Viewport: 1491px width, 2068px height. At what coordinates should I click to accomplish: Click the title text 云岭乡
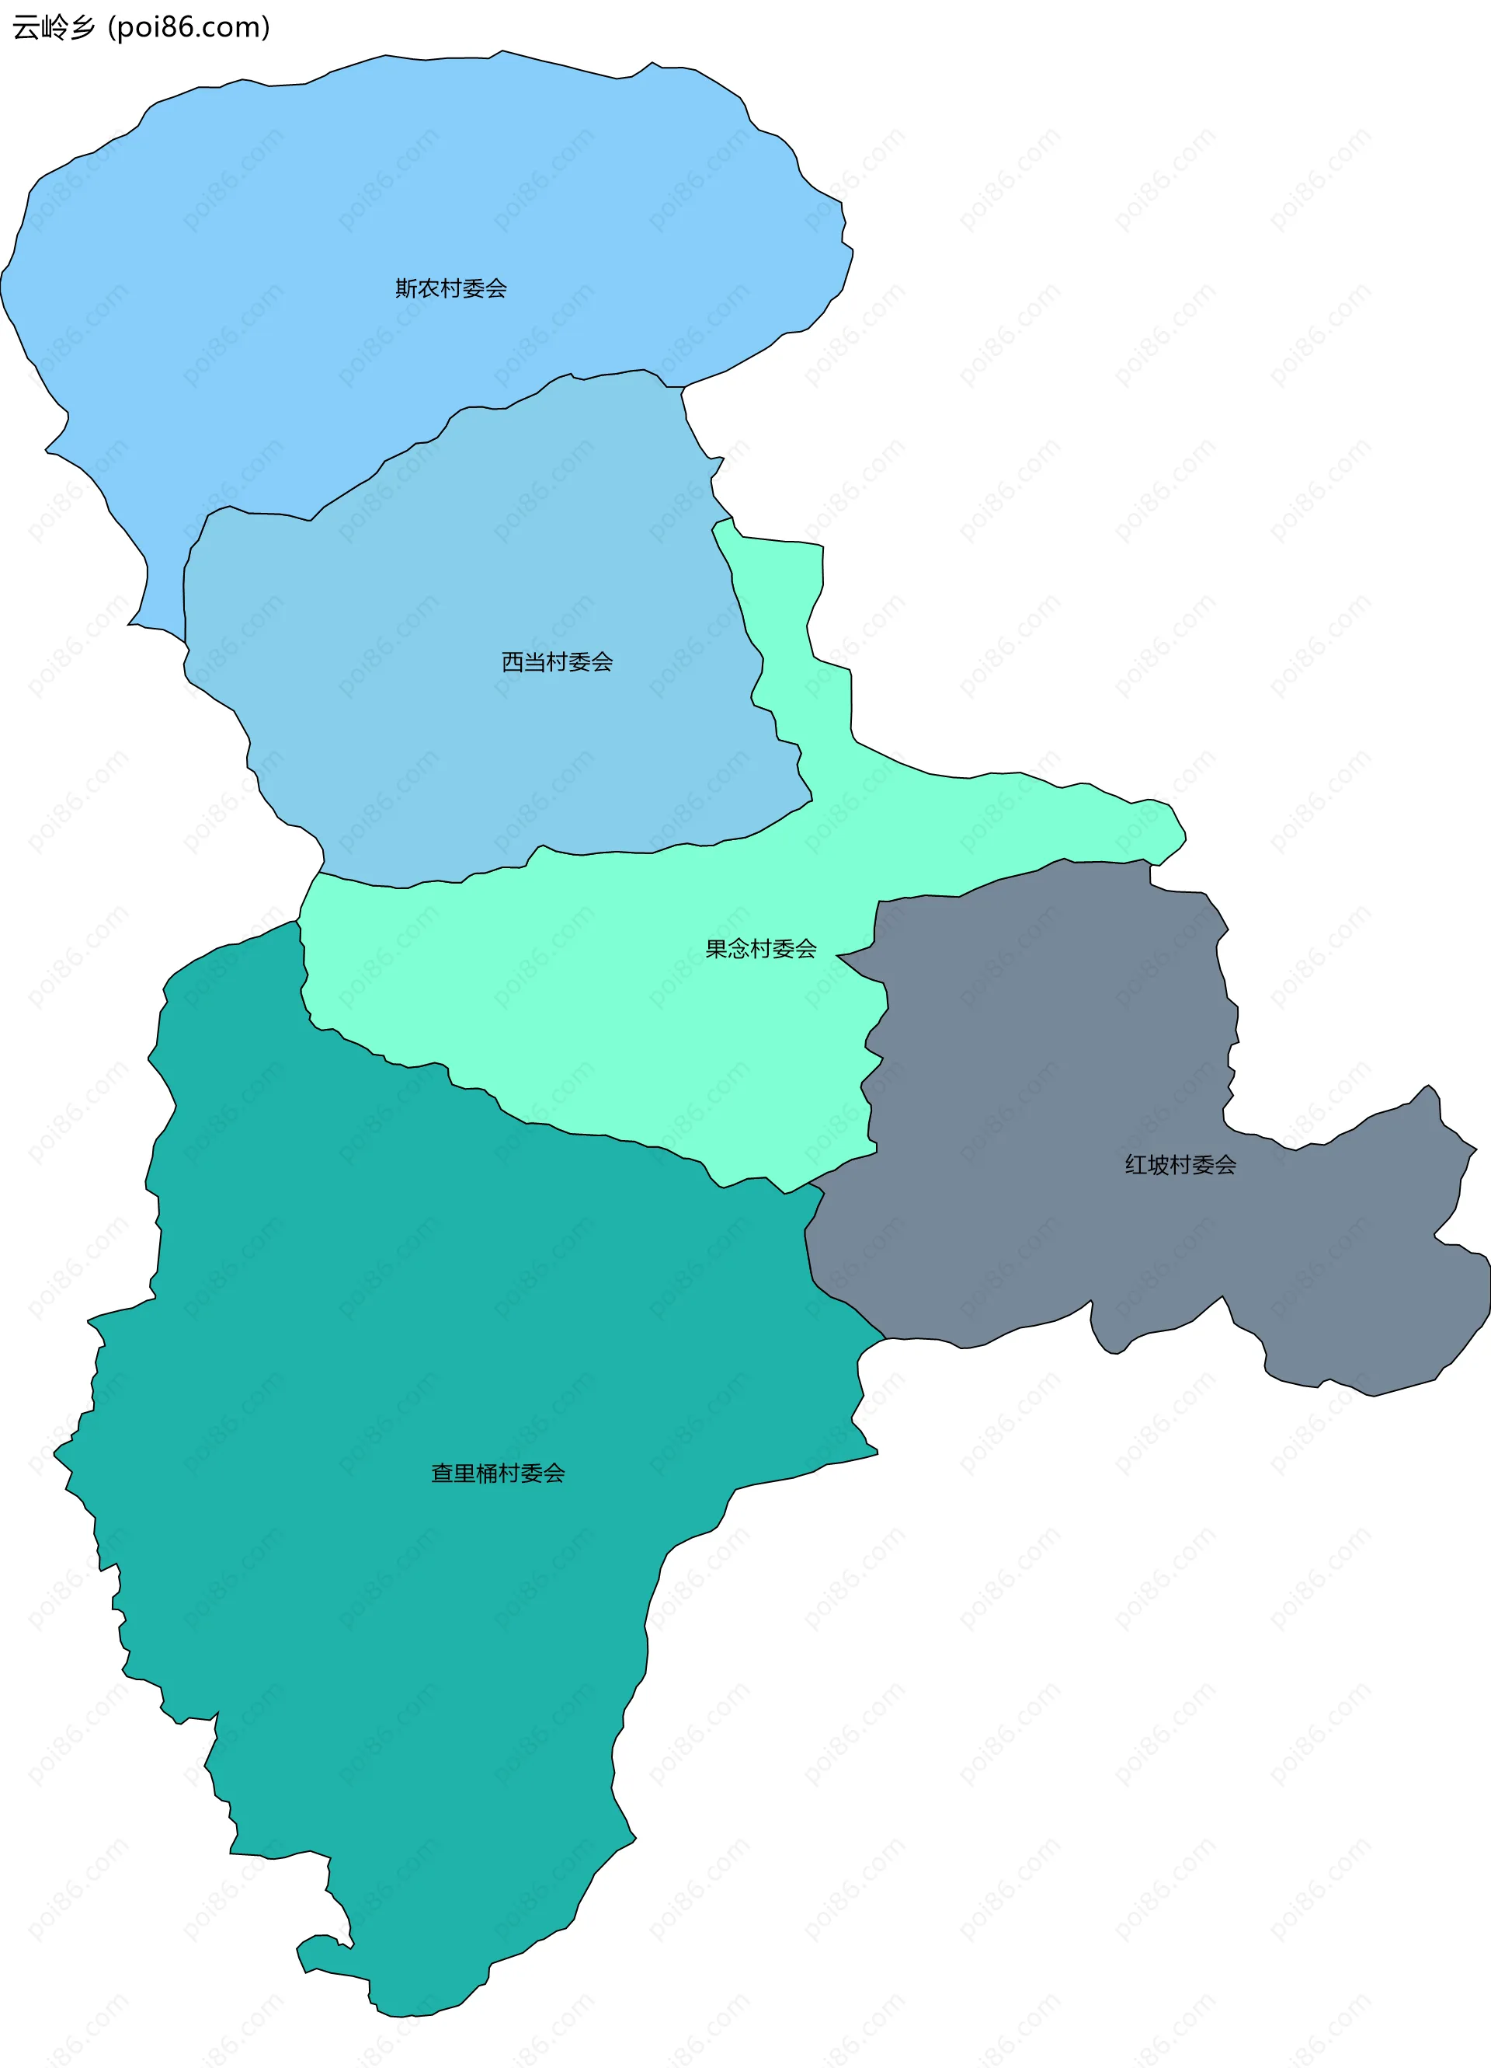pyautogui.click(x=54, y=27)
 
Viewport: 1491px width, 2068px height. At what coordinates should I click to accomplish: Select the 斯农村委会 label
pyautogui.click(x=450, y=289)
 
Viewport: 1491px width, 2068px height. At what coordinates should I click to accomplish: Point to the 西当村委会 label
pyautogui.click(x=557, y=662)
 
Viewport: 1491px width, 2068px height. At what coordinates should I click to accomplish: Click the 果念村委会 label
pyautogui.click(x=760, y=949)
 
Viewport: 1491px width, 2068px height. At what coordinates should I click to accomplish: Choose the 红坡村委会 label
pyautogui.click(x=1180, y=1165)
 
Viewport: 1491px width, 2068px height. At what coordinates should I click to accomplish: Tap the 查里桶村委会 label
pyautogui.click(x=498, y=1473)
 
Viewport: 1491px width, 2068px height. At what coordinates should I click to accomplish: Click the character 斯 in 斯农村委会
pyautogui.click(x=405, y=289)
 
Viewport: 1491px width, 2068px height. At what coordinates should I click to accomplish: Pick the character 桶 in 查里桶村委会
pyautogui.click(x=487, y=1473)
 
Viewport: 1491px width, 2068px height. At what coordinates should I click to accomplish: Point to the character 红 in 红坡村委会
pyautogui.click(x=1135, y=1165)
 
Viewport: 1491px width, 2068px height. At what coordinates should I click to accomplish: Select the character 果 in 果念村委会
pyautogui.click(x=716, y=949)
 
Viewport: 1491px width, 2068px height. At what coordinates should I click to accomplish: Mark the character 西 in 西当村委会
pyautogui.click(x=513, y=662)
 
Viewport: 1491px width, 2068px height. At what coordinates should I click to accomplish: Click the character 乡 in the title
pyautogui.click(x=84, y=27)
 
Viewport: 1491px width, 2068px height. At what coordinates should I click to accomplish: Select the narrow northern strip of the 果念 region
pyautogui.click(x=784, y=620)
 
